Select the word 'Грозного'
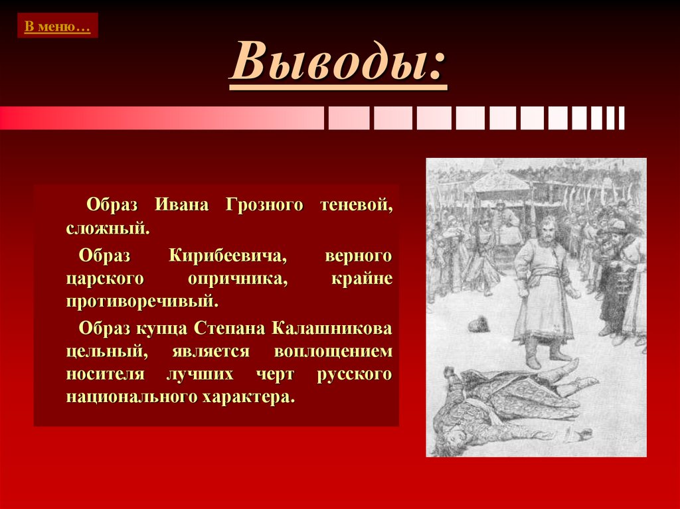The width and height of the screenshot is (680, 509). [x=264, y=205]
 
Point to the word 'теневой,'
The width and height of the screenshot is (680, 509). [x=357, y=205]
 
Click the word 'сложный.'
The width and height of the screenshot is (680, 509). [x=108, y=230]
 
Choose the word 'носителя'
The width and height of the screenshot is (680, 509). [x=105, y=375]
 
